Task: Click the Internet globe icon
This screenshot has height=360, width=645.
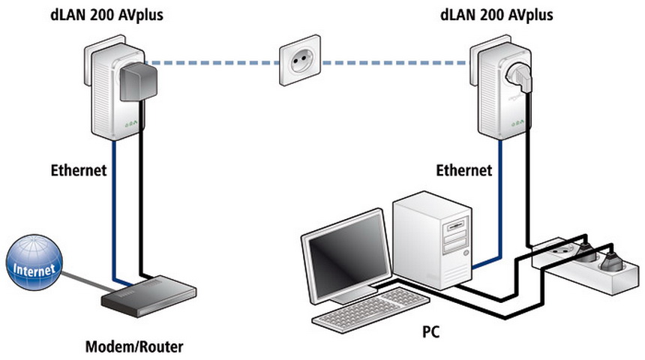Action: (x=32, y=264)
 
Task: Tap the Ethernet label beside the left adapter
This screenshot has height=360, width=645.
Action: (x=79, y=170)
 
